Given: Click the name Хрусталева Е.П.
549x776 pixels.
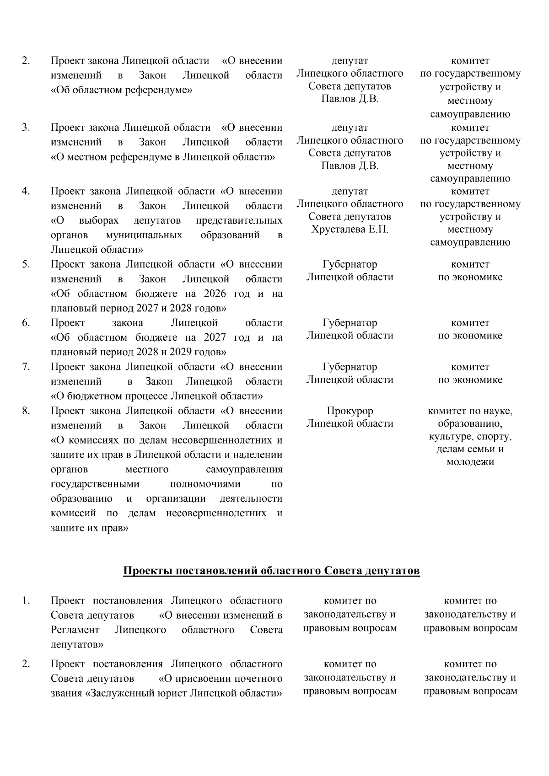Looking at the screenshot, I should pos(350,230).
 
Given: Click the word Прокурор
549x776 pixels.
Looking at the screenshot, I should pos(350,411).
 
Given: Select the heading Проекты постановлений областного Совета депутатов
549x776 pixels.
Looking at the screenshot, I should pos(271,571).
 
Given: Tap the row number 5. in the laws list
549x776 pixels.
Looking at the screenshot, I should pos(26,264).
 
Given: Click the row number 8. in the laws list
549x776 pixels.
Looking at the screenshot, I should pos(26,411).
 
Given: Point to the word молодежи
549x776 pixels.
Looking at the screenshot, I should pos(470,462).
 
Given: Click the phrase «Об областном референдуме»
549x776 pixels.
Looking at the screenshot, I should pos(121,90).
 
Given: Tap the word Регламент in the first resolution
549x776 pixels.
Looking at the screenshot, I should pos(75,630).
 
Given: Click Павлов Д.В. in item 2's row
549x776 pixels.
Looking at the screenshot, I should pos(350,99).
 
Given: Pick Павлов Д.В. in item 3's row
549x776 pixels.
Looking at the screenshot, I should pos(350,166).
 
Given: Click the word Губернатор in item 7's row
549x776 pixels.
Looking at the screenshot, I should pos(350,367).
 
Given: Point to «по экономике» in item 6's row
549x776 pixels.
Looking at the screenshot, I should pos(470,336).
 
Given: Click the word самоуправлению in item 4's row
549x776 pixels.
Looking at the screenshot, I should pos(470,242).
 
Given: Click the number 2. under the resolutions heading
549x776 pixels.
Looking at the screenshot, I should pos(26,664).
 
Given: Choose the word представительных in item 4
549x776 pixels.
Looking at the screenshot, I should pos(239,220).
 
